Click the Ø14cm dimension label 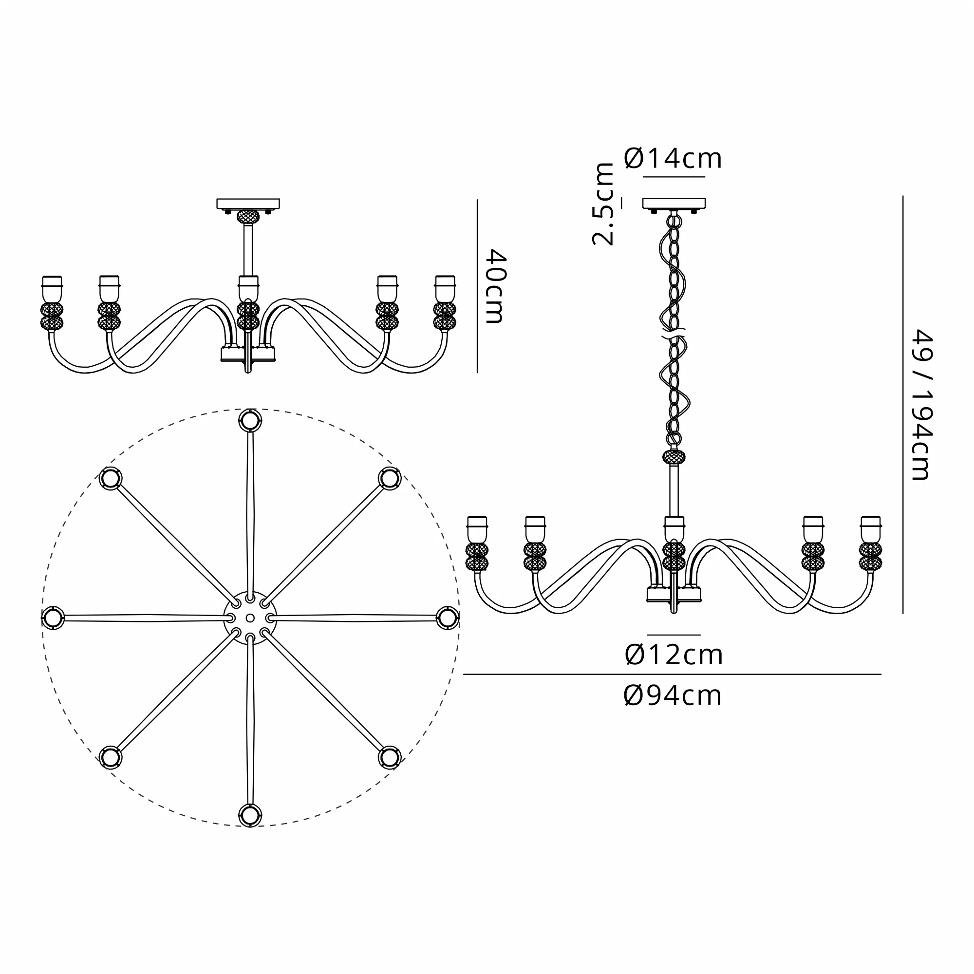point(673,158)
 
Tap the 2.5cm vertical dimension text point(603,204)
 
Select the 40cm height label point(495,286)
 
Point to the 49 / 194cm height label point(922,404)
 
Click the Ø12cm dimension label point(674,655)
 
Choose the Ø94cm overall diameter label point(673,696)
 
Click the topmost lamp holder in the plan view point(250,420)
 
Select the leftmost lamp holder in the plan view point(53,618)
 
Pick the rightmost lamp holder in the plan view point(448,618)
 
